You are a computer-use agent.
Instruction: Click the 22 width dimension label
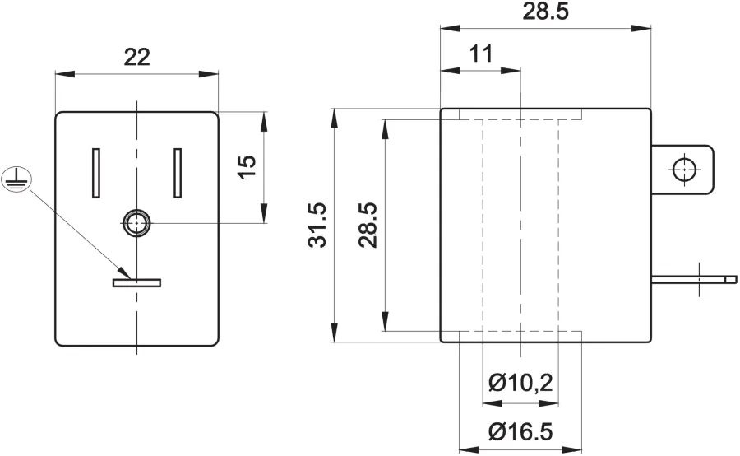pyautogui.click(x=136, y=57)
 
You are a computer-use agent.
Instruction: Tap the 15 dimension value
pyautogui.click(x=247, y=167)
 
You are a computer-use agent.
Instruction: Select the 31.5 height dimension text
pyautogui.click(x=317, y=225)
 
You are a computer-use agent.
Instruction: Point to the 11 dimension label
pyautogui.click(x=481, y=54)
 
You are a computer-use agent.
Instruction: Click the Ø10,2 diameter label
pyautogui.click(x=520, y=382)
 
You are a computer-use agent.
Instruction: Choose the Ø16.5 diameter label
pyautogui.click(x=520, y=431)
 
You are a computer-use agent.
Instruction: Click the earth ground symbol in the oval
pyautogui.click(x=16, y=179)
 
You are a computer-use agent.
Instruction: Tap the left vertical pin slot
pyautogui.click(x=96, y=173)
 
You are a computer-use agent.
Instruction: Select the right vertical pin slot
pyautogui.click(x=178, y=173)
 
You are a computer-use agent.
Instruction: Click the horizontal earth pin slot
pyautogui.click(x=136, y=282)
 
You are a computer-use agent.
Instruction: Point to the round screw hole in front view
pyautogui.click(x=136, y=222)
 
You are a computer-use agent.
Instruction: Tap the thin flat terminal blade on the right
pyautogui.click(x=694, y=280)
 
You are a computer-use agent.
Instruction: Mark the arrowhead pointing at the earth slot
pyautogui.click(x=124, y=272)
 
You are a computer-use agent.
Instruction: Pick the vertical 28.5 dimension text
pyautogui.click(x=368, y=225)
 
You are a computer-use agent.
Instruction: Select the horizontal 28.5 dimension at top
pyautogui.click(x=546, y=12)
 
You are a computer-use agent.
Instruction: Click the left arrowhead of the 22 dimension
pyautogui.click(x=66, y=74)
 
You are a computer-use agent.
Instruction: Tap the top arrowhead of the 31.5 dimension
pyautogui.click(x=334, y=119)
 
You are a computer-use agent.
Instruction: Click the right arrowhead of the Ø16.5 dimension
pyautogui.click(x=572, y=449)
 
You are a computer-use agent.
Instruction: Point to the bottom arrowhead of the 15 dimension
pyautogui.click(x=264, y=213)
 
